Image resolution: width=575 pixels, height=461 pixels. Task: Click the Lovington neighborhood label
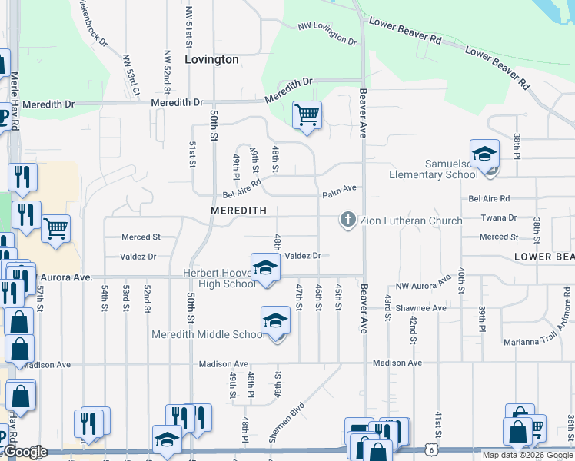point(212,59)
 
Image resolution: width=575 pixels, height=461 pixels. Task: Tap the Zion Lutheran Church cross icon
point(347,221)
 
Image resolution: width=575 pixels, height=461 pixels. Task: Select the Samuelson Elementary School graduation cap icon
point(484,155)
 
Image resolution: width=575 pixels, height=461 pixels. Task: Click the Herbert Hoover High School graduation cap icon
point(265,268)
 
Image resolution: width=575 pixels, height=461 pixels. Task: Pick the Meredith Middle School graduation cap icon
point(275,321)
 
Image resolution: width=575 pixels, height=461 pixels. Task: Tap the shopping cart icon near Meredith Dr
point(307,115)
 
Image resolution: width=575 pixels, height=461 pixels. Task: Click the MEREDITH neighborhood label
point(238,211)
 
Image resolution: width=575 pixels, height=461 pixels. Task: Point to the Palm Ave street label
point(340,188)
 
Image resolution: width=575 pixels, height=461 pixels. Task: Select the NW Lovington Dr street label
point(328,33)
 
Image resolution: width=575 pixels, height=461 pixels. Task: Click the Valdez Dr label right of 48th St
point(302,256)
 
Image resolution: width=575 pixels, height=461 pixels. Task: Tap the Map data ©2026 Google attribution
point(528,455)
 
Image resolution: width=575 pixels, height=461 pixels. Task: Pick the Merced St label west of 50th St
point(140,237)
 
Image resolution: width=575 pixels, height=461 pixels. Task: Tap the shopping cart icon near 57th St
point(55,229)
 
